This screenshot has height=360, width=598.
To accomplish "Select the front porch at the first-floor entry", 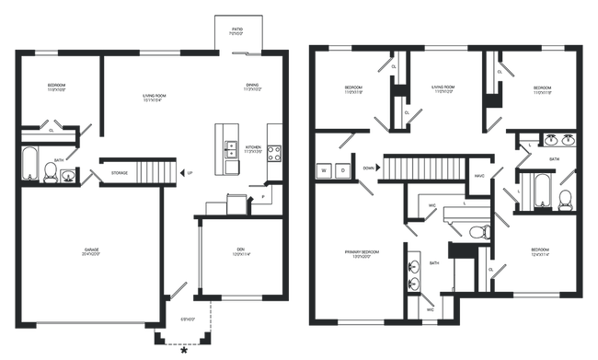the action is [188, 322].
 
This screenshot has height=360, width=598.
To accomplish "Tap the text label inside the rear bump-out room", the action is [236, 33].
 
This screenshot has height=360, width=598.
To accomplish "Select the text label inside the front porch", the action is [188, 319].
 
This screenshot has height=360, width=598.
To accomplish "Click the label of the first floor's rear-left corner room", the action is [57, 88].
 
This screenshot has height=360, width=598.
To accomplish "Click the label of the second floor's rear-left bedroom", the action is [351, 90].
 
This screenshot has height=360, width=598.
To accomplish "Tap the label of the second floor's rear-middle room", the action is [443, 89].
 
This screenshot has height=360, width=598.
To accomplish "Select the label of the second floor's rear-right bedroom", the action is [543, 89].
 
